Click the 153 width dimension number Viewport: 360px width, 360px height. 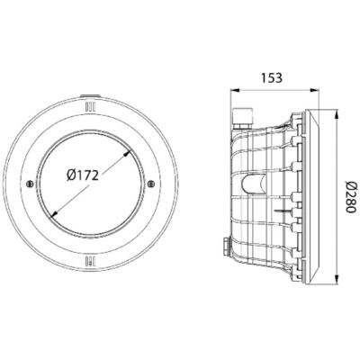(272, 77)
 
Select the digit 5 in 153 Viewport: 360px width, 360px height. (272, 77)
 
